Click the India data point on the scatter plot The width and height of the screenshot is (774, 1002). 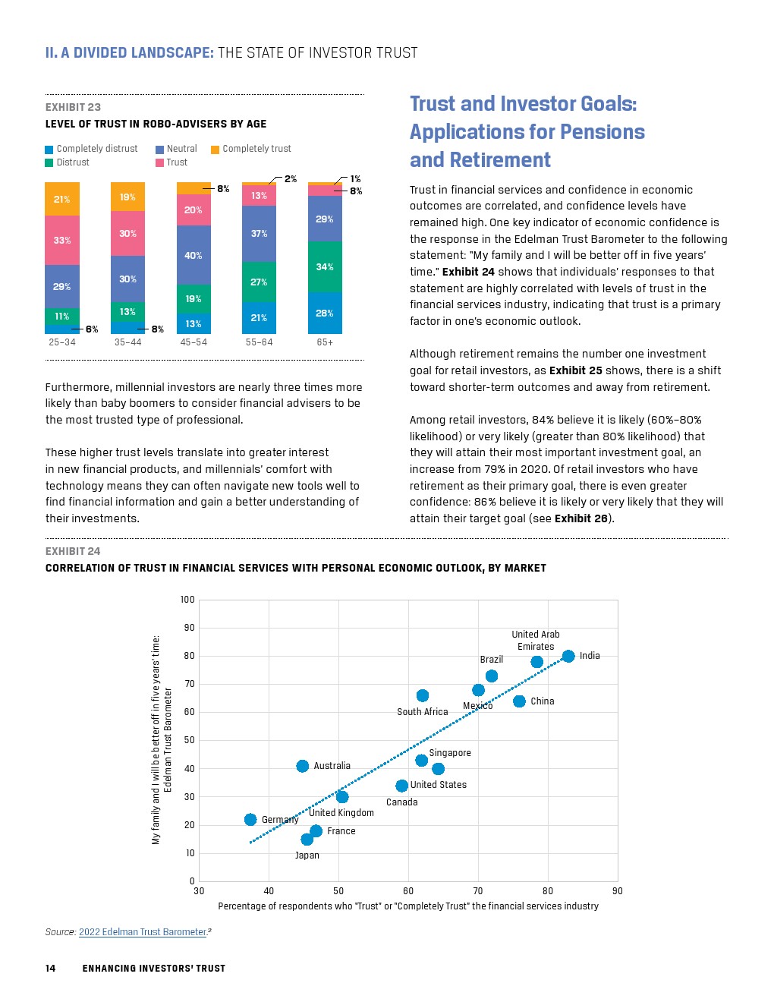(568, 656)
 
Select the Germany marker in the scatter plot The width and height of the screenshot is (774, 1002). (250, 820)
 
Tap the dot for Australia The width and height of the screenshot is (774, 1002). (303, 766)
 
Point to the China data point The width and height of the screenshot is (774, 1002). (519, 701)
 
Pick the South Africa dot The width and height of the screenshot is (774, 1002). (423, 695)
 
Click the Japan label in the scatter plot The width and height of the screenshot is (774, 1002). (307, 855)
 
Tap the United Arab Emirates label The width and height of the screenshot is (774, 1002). (536, 640)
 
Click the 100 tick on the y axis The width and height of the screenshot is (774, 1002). (187, 600)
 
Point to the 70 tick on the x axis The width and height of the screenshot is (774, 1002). (478, 891)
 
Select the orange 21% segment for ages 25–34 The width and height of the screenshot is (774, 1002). (62, 199)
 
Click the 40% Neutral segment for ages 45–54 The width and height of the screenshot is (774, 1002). (193, 255)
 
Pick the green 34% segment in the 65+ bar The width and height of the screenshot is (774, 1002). (325, 266)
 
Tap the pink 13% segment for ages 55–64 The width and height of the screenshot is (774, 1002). (259, 196)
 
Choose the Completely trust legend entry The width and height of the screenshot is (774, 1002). (256, 149)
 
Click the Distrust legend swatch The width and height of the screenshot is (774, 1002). (49, 162)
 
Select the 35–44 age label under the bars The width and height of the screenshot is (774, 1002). (127, 342)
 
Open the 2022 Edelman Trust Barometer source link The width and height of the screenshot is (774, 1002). (143, 932)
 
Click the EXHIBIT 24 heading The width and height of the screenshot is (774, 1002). (73, 551)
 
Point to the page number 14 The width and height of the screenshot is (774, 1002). (51, 968)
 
